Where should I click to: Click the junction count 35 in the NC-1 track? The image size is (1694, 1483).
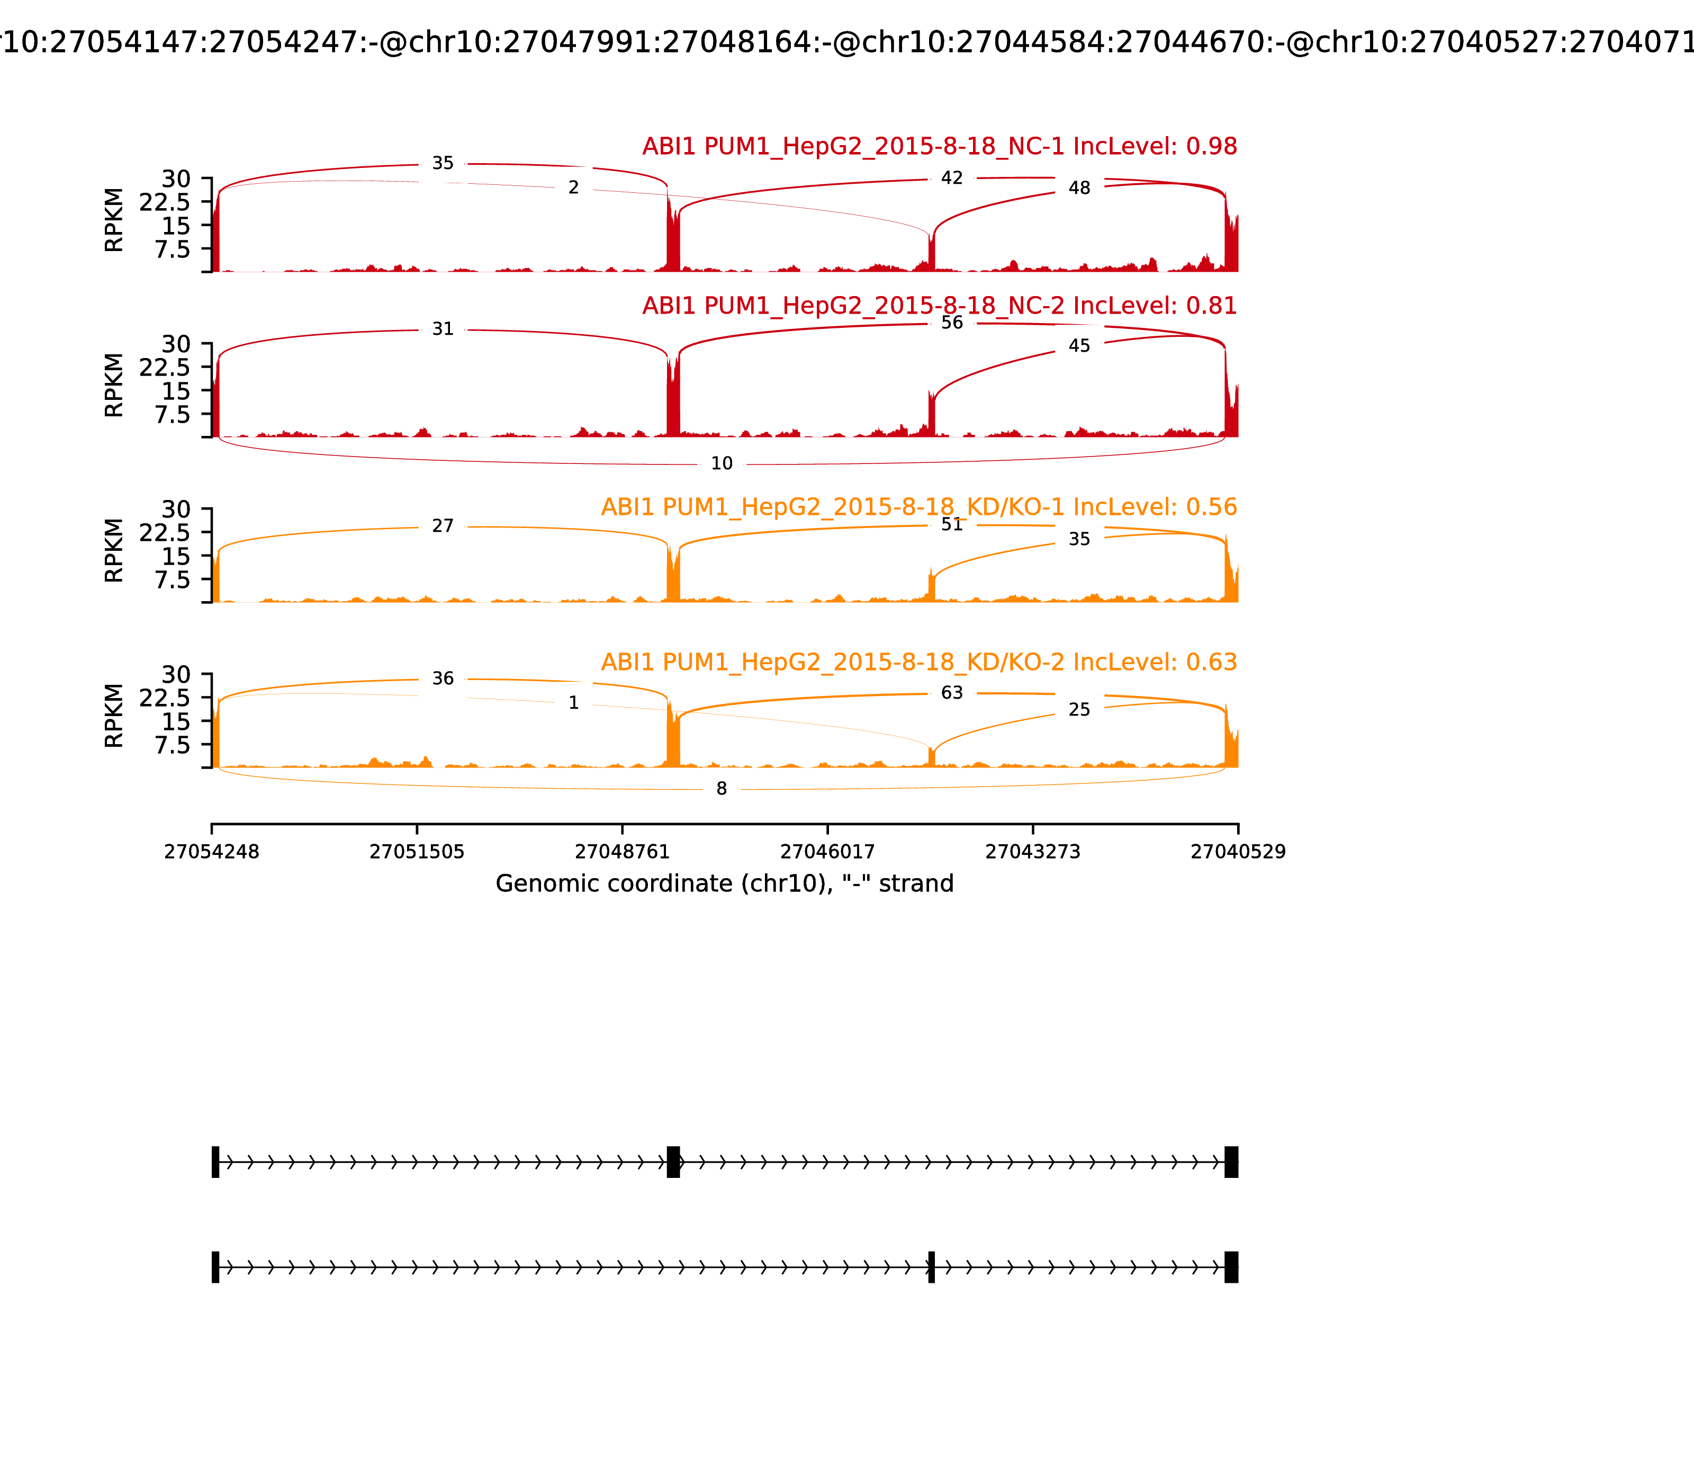[x=443, y=164]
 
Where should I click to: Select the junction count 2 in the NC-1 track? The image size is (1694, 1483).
[x=573, y=188]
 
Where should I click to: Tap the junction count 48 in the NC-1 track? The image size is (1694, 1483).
[x=1079, y=188]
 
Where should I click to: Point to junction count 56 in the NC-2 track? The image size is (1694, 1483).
[x=952, y=323]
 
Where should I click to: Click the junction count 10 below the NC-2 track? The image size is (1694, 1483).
[x=721, y=463]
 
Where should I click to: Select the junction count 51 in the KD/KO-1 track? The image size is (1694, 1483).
[x=952, y=525]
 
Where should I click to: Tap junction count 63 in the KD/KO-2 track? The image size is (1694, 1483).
[x=952, y=693]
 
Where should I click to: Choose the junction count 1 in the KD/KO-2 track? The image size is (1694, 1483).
[x=573, y=703]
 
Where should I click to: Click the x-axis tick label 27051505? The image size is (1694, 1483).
[x=417, y=852]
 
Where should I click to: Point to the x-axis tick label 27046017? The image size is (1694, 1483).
[x=827, y=852]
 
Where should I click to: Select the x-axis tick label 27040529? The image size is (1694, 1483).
[x=1238, y=852]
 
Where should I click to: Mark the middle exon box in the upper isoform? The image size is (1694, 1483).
[x=673, y=1162]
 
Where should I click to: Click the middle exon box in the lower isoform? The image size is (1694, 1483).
[x=931, y=1267]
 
